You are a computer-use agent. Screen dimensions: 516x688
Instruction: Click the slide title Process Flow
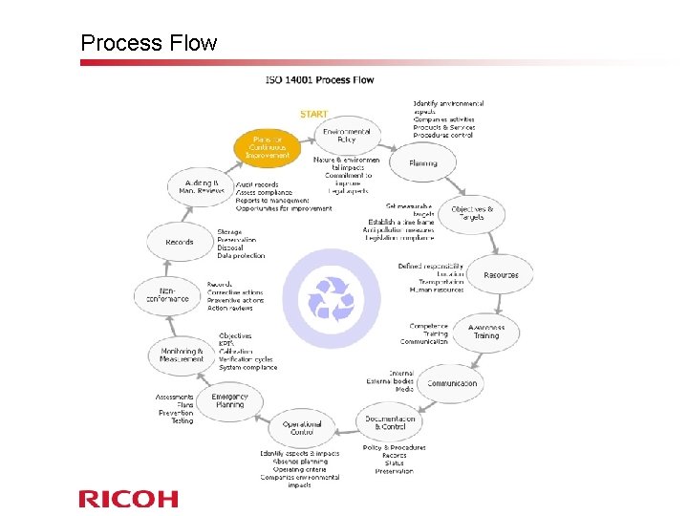[149, 43]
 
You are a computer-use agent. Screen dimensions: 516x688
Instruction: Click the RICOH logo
[128, 498]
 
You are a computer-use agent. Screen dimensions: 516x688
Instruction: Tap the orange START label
[313, 114]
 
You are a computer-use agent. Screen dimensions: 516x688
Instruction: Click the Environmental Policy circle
[347, 135]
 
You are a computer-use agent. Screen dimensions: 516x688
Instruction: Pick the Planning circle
[423, 163]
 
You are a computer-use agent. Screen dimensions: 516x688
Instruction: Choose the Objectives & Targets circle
[472, 213]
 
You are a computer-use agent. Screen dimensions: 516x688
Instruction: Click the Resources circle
[501, 275]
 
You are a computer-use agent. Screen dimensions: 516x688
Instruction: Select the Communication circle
[452, 383]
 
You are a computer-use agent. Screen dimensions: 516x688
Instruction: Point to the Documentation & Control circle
[391, 422]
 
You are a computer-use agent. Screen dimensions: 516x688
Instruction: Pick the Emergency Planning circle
[229, 401]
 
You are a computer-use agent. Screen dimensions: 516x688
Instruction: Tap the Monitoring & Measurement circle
[182, 355]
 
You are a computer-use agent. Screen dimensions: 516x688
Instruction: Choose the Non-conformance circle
[168, 297]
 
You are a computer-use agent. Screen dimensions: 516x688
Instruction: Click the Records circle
[180, 243]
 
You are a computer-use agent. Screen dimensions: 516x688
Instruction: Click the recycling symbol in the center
[331, 298]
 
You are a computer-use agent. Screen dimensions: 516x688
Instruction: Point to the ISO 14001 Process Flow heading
[319, 79]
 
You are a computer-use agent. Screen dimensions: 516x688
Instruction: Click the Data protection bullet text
[241, 256]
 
